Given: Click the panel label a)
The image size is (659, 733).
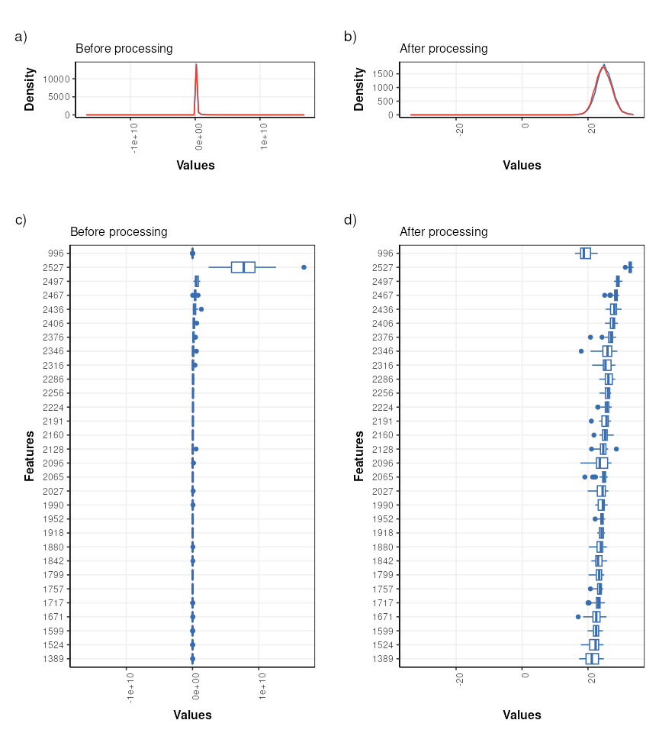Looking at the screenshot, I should click(21, 36).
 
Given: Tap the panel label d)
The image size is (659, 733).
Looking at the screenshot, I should click(350, 220).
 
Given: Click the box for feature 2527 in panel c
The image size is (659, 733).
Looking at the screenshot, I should click(243, 267).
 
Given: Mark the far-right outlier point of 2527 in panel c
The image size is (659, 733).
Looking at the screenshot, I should click(304, 267).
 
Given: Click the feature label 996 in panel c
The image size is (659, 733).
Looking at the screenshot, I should click(56, 253).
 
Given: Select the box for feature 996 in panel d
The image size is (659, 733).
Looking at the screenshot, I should click(586, 253).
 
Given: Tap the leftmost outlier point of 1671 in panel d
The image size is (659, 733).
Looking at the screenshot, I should click(578, 617).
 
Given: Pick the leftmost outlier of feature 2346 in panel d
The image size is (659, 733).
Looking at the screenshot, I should click(581, 351).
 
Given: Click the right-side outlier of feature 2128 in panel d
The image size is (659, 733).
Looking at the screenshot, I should click(616, 449).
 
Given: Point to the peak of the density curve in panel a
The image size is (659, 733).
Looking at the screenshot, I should click(196, 64).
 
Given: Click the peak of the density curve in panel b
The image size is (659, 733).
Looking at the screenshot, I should click(604, 65).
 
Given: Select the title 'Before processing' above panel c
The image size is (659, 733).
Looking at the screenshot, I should click(119, 231).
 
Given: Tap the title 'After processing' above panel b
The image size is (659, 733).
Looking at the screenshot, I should click(444, 48).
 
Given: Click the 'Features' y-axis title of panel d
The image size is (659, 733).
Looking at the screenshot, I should click(359, 455).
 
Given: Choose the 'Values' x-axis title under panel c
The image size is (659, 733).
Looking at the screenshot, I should click(192, 715).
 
